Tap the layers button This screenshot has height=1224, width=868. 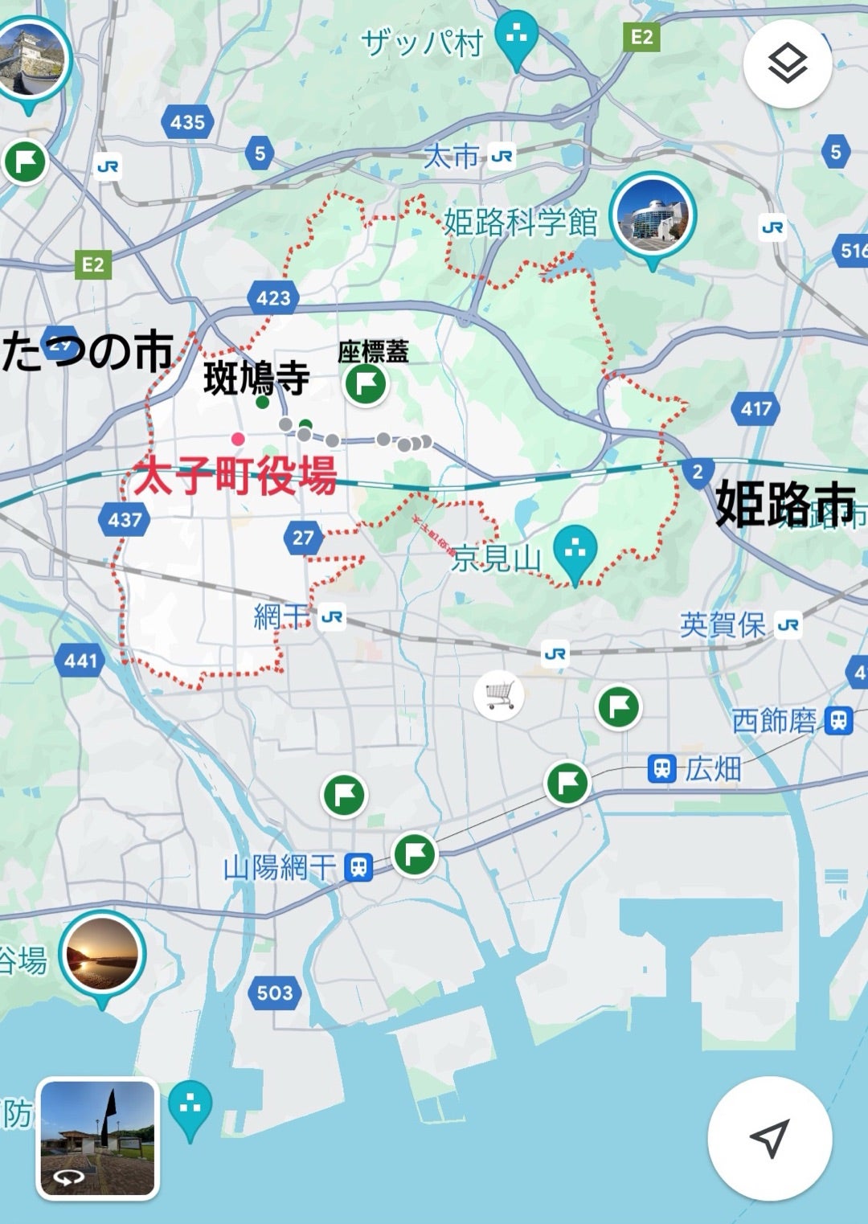[x=787, y=63]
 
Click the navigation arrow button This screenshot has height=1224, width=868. [x=769, y=1137]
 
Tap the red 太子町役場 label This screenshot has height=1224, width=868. [x=235, y=476]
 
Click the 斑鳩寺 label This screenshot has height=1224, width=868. [x=256, y=379]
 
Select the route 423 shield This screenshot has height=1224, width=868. [x=273, y=299]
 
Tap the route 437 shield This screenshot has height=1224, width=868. [x=125, y=520]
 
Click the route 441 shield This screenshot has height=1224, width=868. [x=80, y=661]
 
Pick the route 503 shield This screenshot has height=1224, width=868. [x=274, y=993]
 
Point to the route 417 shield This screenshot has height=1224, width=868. [x=756, y=409]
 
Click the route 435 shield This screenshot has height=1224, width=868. [x=187, y=122]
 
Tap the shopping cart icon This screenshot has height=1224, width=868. [x=499, y=694]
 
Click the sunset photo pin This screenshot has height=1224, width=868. [x=102, y=955]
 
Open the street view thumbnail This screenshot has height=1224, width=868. [x=98, y=1137]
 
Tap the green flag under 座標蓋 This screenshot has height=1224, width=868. [x=366, y=384]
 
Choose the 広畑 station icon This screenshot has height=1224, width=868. [x=661, y=769]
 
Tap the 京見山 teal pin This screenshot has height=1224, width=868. [x=575, y=550]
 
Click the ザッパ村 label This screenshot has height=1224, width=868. [x=422, y=42]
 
